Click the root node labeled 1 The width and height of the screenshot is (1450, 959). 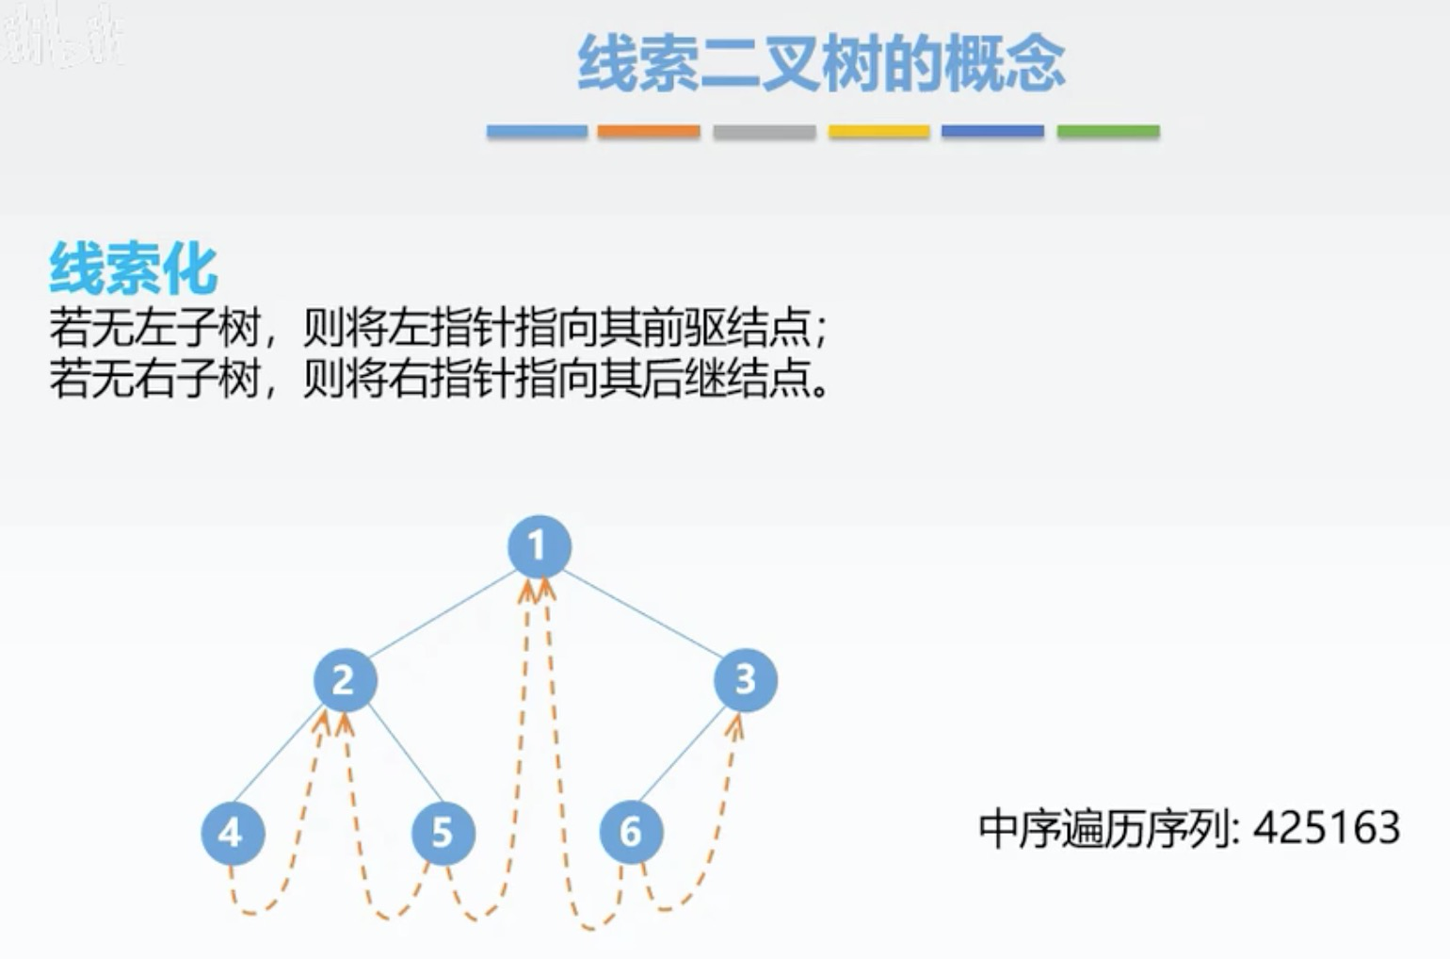point(539,546)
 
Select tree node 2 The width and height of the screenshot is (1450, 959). point(345,680)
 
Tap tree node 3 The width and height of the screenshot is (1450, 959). point(745,679)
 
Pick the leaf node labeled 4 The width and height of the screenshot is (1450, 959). point(232,833)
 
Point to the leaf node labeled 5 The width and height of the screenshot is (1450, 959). point(443,833)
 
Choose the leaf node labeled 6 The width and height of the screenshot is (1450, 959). point(631,832)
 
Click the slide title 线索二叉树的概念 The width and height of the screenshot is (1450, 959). point(821,64)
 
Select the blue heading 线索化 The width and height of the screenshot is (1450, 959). point(133,269)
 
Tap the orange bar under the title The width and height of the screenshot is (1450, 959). point(649,132)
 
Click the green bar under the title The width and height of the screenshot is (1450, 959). point(1108,132)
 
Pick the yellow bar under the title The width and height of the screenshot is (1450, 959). point(878,132)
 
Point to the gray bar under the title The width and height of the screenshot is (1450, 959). point(764,132)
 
